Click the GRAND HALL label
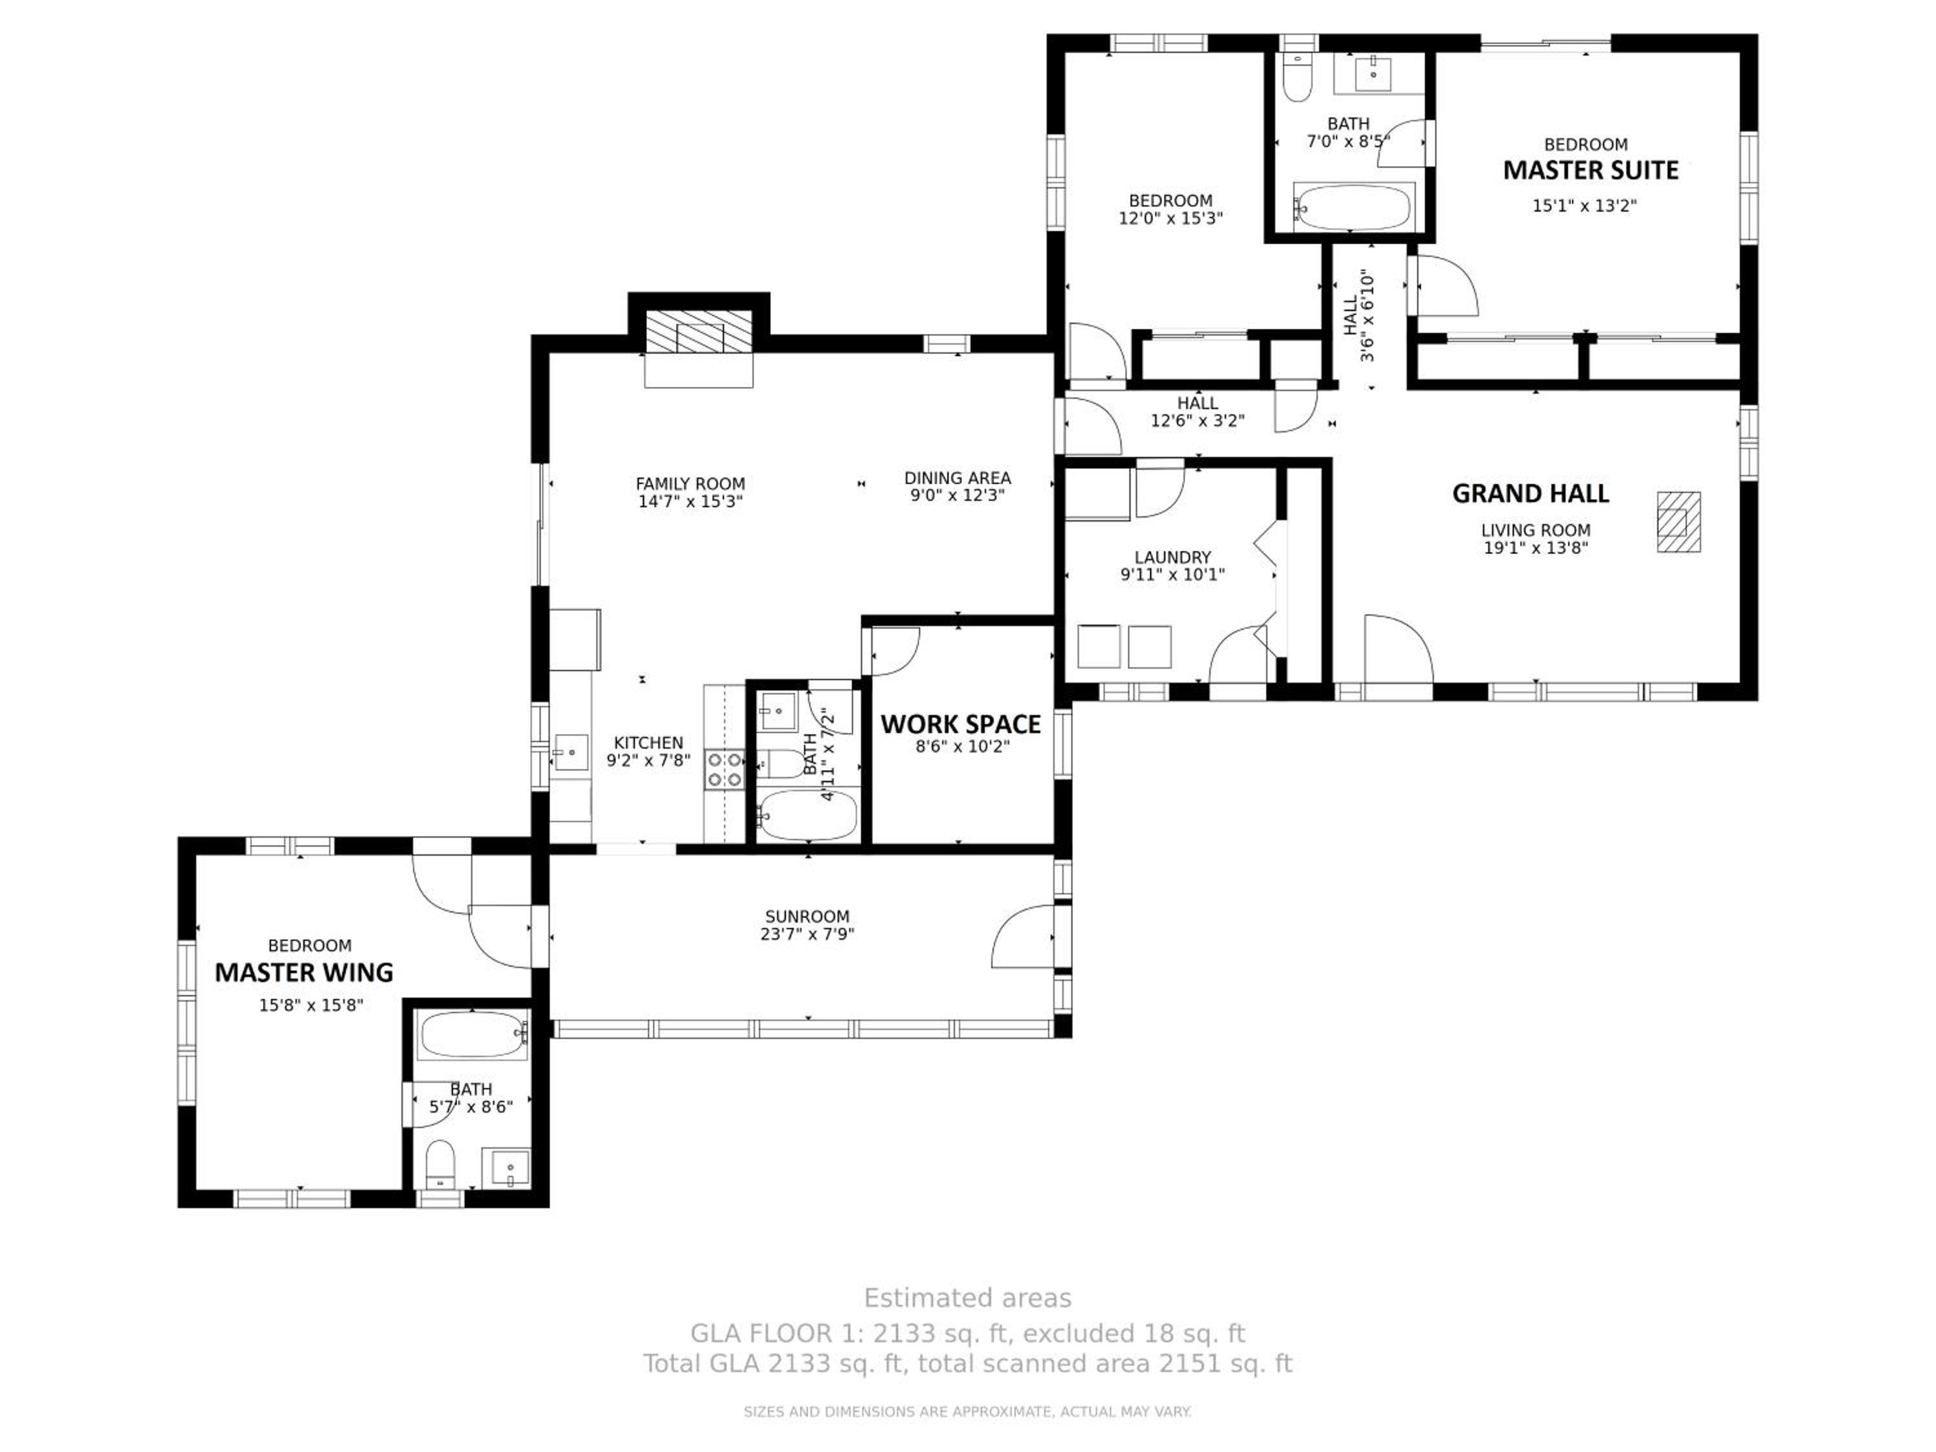pos(1530,494)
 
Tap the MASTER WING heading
pos(304,973)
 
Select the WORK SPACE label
pos(960,724)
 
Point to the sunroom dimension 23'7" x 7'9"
pos(807,934)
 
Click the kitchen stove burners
pos(725,769)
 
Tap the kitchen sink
pos(570,752)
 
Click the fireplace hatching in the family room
pos(698,332)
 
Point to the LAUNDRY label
pos(1172,558)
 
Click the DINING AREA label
pos(958,478)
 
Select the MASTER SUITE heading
pos(1590,170)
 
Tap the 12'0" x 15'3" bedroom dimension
pos(1170,218)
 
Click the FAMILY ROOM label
pos(690,483)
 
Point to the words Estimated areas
pos(967,1298)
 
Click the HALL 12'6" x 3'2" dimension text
pos(1196,421)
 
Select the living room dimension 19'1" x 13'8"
pos(1535,548)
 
